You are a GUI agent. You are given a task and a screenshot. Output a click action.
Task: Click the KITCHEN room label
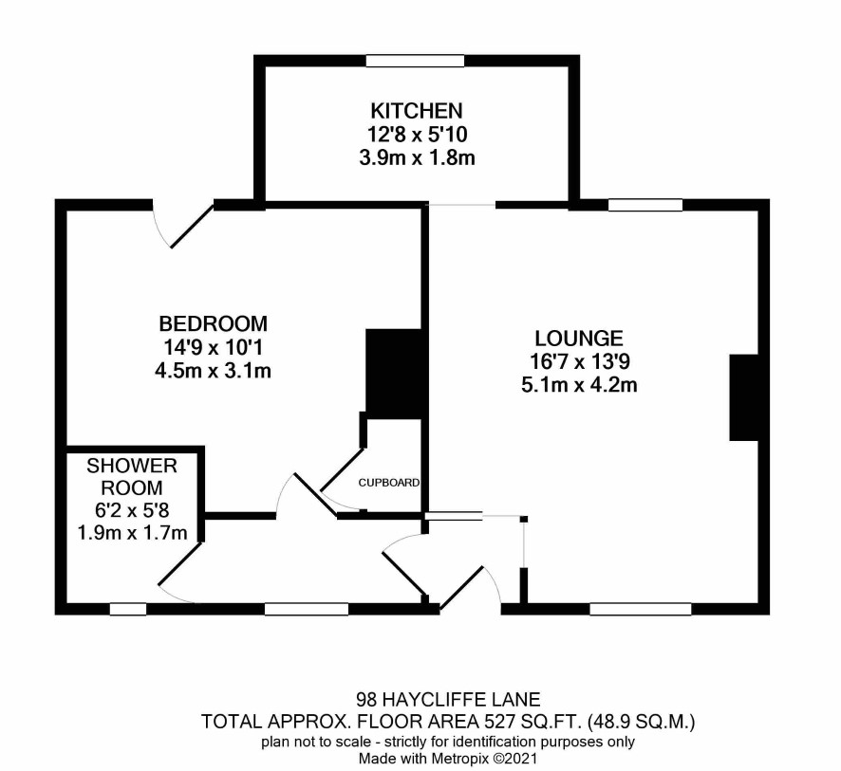click(416, 111)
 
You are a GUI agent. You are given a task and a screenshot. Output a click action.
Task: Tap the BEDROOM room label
click(213, 323)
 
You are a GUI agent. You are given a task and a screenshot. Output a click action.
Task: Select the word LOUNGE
click(579, 339)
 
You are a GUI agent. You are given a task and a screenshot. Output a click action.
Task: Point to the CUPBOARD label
click(389, 483)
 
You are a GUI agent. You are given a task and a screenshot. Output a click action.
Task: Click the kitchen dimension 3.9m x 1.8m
click(417, 158)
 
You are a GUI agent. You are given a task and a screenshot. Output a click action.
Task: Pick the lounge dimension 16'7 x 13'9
click(579, 362)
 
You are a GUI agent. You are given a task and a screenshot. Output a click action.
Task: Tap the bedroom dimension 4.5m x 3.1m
click(213, 371)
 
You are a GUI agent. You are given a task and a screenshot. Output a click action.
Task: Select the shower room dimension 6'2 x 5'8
click(132, 510)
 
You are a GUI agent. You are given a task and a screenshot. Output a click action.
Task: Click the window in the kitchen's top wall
click(415, 61)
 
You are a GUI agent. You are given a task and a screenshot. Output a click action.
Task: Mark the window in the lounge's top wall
click(645, 205)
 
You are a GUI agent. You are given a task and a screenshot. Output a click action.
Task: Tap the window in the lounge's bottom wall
click(641, 609)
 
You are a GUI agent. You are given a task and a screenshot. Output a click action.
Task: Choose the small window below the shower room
click(128, 609)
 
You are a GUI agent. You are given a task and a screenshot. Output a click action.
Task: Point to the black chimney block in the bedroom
click(393, 374)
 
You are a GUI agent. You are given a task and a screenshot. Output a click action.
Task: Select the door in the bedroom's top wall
click(192, 225)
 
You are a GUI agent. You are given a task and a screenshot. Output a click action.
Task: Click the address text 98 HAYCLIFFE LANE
click(448, 699)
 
